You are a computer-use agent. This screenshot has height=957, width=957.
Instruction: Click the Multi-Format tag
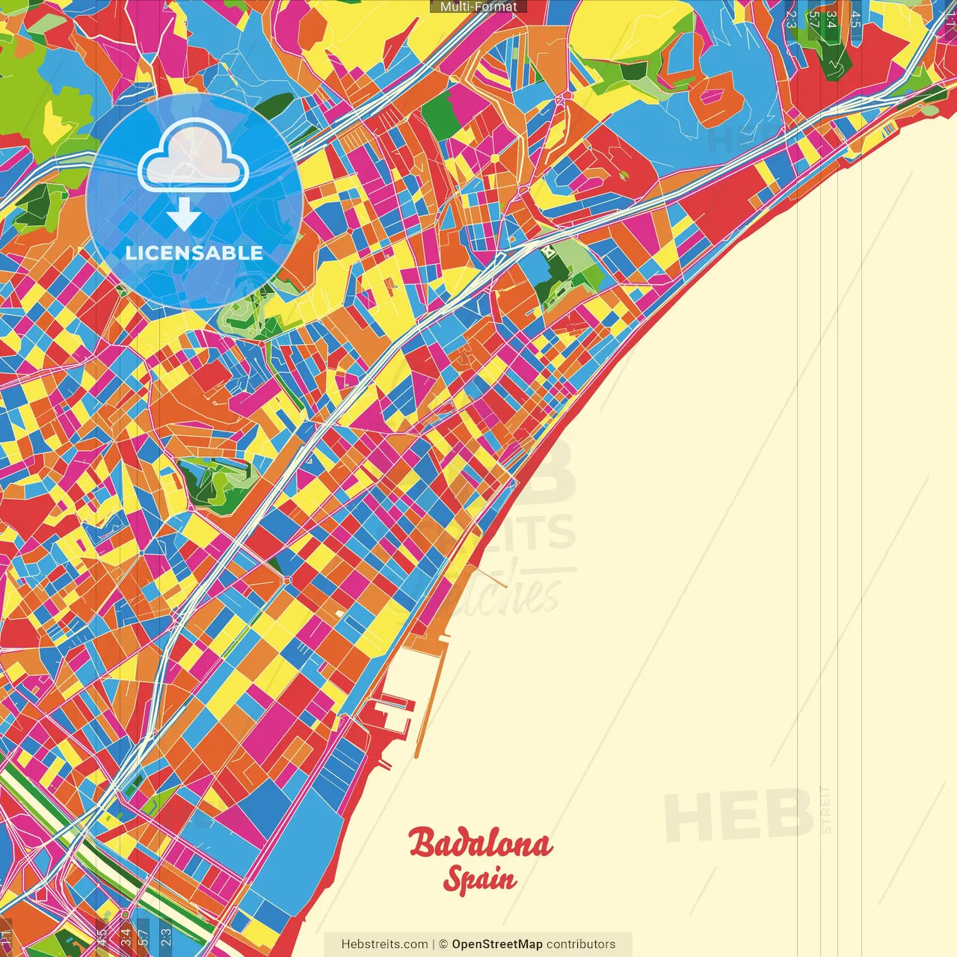click(x=478, y=7)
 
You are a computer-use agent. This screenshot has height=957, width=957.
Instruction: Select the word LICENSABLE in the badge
click(x=194, y=253)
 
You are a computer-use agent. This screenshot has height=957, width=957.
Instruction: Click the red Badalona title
click(x=480, y=843)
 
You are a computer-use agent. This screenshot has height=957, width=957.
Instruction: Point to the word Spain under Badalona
click(x=479, y=879)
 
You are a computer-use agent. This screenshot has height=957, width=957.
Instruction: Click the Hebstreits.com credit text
click(x=384, y=944)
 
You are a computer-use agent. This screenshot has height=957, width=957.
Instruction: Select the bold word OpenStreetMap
click(x=497, y=944)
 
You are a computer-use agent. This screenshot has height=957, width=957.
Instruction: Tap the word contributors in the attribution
click(x=581, y=944)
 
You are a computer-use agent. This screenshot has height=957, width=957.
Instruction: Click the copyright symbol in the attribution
click(x=443, y=944)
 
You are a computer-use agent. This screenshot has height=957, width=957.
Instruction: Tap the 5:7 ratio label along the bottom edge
click(x=144, y=938)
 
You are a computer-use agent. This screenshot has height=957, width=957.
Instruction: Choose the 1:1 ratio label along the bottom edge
click(x=6, y=938)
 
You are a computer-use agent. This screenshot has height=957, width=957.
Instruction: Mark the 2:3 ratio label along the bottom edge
click(x=166, y=938)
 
